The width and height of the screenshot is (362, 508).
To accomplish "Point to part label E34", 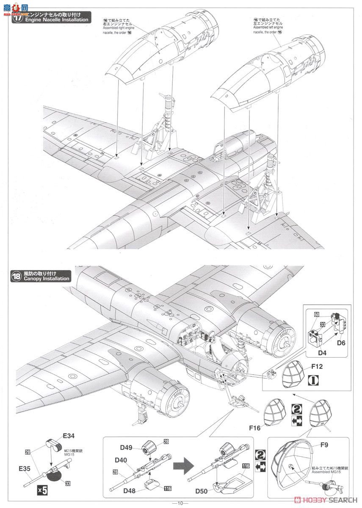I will click(69, 435).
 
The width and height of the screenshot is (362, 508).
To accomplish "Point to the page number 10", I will click(181, 503).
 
